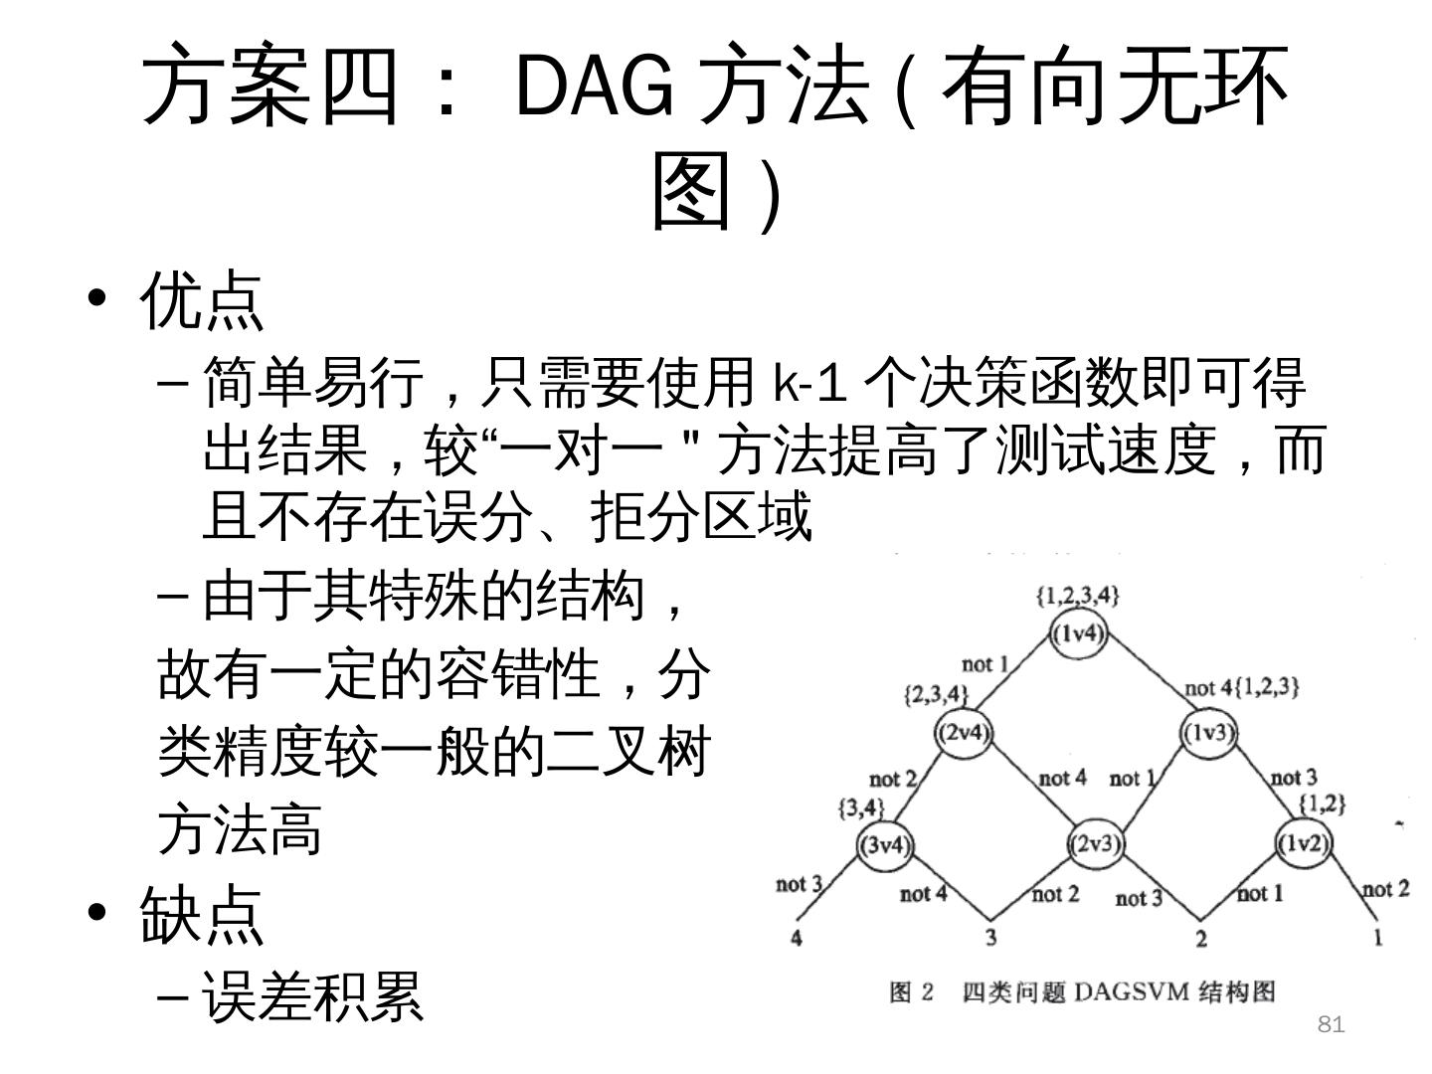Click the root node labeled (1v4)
coord(1079,633)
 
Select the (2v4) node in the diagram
coord(964,733)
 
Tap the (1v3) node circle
coord(1208,733)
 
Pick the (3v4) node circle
coord(885,845)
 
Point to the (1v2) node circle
coord(1303,843)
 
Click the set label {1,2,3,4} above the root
coord(1078,596)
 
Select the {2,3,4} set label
coord(936,693)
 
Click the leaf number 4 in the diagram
coord(797,937)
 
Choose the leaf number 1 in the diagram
coord(1377,937)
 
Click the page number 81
coord(1331,1024)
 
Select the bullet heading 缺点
coord(202,914)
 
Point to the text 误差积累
coord(313,996)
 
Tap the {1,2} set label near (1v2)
coord(1323,803)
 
